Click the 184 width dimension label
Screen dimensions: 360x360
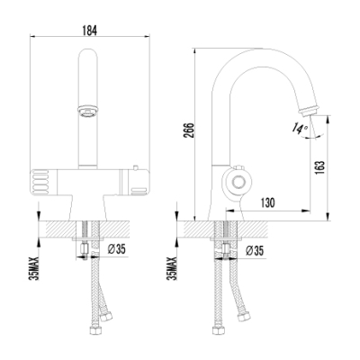click(89, 31)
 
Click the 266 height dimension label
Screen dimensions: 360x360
click(189, 130)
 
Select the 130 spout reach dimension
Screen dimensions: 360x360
click(267, 203)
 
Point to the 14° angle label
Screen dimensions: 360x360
click(301, 128)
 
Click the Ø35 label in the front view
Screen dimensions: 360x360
click(116, 249)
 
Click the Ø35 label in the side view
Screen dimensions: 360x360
click(255, 250)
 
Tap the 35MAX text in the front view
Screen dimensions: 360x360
click(35, 268)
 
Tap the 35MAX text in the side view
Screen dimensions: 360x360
click(173, 268)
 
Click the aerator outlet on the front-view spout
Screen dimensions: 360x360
click(87, 111)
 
